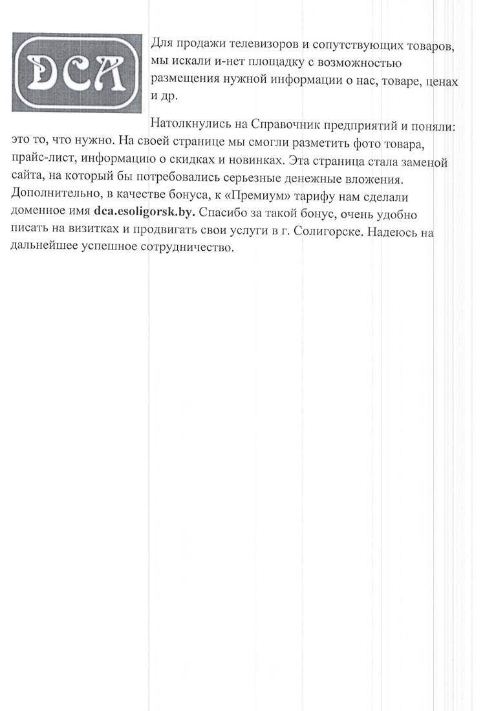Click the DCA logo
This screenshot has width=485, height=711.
point(77,70)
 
